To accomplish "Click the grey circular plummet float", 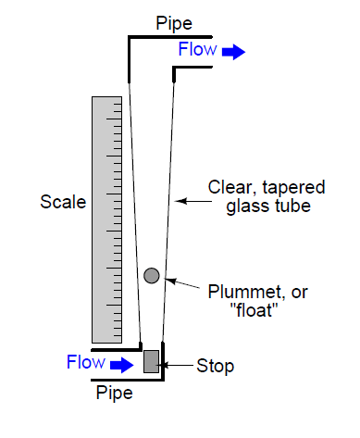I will point(152,275).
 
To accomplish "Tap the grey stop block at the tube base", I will point(152,360).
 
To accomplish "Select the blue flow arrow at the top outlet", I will point(233,52).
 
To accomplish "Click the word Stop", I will point(217,366).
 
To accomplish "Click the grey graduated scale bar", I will point(106,219).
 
